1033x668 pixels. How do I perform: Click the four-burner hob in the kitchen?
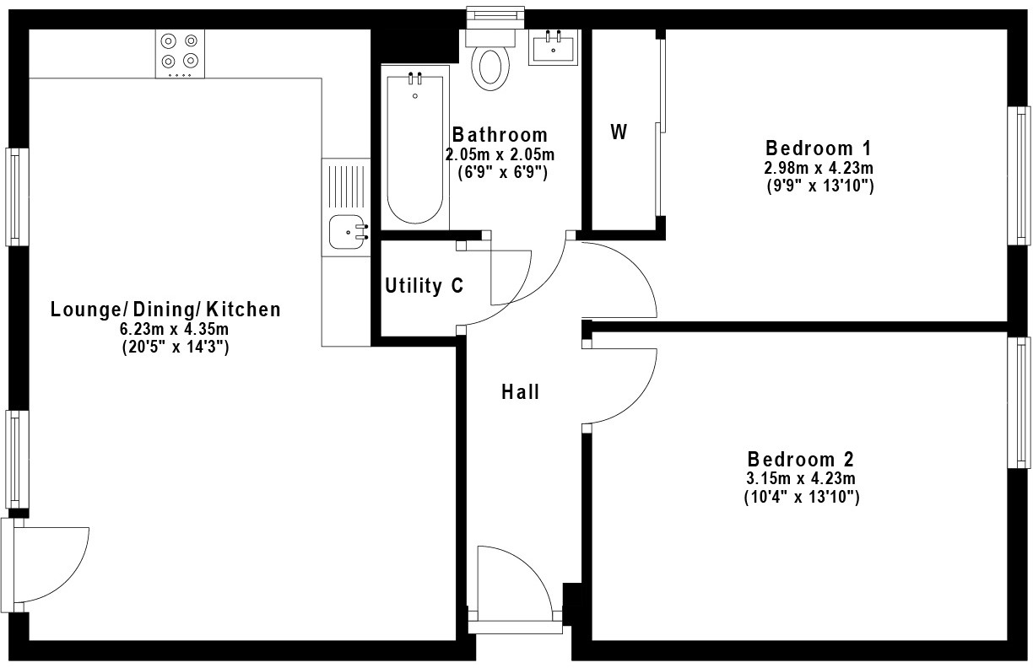click(181, 52)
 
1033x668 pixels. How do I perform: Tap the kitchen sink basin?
click(346, 232)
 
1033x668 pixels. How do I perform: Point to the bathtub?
click(414, 148)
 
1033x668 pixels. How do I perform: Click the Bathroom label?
click(500, 135)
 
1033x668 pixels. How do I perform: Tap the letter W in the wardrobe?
click(619, 132)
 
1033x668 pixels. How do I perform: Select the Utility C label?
click(424, 286)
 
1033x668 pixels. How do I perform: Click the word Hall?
click(520, 391)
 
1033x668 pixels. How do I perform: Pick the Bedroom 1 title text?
click(818, 147)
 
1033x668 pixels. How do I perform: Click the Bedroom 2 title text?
click(801, 460)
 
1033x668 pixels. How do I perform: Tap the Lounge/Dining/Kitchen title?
click(165, 310)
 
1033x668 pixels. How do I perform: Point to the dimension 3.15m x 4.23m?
click(801, 480)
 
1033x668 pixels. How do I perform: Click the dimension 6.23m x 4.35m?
click(165, 329)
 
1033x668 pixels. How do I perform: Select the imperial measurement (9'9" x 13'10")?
click(818, 186)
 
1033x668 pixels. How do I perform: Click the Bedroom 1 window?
click(1020, 175)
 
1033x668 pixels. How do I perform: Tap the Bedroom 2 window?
click(1022, 402)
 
